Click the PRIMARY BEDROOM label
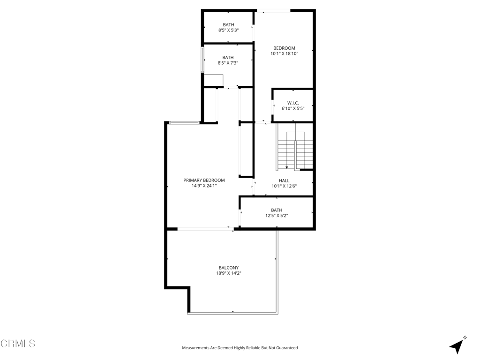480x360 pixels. (204, 180)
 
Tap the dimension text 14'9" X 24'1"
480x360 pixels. (204, 186)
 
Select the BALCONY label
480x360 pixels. (229, 268)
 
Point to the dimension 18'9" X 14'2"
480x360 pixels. (229, 273)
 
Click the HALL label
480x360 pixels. (284, 180)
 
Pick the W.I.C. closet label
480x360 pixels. (293, 103)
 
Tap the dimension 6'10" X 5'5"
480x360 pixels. (293, 108)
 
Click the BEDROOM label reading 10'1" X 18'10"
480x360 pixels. (284, 48)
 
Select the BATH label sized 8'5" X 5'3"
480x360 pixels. (228, 25)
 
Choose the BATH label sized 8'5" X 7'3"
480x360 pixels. (228, 58)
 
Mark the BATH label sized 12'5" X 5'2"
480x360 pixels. (277, 210)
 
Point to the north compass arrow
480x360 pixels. (457, 346)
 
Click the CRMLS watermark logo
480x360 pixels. (18, 344)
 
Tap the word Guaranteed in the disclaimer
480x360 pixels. (287, 348)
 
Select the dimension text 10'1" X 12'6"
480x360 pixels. (284, 186)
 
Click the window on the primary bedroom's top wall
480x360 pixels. (184, 123)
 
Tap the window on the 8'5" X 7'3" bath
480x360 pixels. (202, 60)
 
